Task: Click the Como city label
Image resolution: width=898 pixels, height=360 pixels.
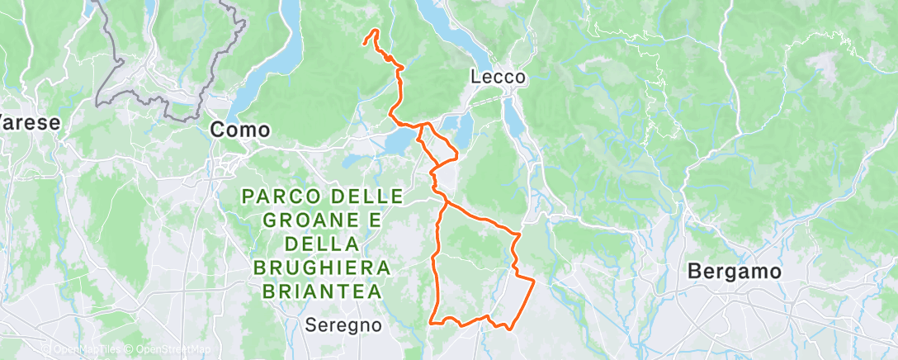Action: point(240,130)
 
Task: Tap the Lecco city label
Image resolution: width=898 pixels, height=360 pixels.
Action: point(498,77)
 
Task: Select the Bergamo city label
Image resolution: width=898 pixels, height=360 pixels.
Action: point(734,271)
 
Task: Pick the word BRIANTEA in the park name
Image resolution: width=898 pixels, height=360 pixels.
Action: point(323,291)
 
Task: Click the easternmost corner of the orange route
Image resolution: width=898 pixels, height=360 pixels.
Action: point(534,282)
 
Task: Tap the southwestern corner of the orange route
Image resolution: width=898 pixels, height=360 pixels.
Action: point(431,322)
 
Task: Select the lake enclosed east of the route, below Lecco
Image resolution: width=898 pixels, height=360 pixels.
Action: point(463,129)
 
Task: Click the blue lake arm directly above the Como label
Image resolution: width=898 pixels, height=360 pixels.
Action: point(260,78)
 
